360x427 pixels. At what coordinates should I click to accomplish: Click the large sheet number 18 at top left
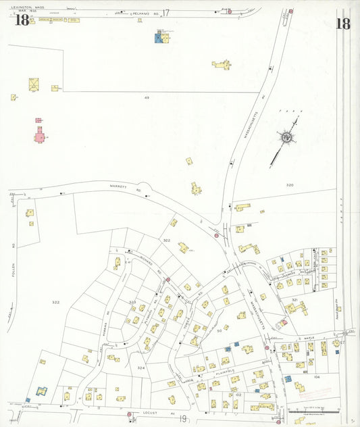coord(22,20)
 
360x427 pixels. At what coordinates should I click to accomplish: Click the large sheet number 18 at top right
coord(342,23)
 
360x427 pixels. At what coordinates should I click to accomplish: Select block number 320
coord(290,184)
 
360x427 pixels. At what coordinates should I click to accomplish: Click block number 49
coord(146,98)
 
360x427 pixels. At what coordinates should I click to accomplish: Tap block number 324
coord(140,368)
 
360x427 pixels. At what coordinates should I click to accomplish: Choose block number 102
coord(238,395)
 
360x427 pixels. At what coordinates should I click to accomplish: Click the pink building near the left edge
coord(40,136)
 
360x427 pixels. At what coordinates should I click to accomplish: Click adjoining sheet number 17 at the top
coord(166,13)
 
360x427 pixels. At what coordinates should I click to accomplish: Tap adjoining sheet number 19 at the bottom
coord(182,419)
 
